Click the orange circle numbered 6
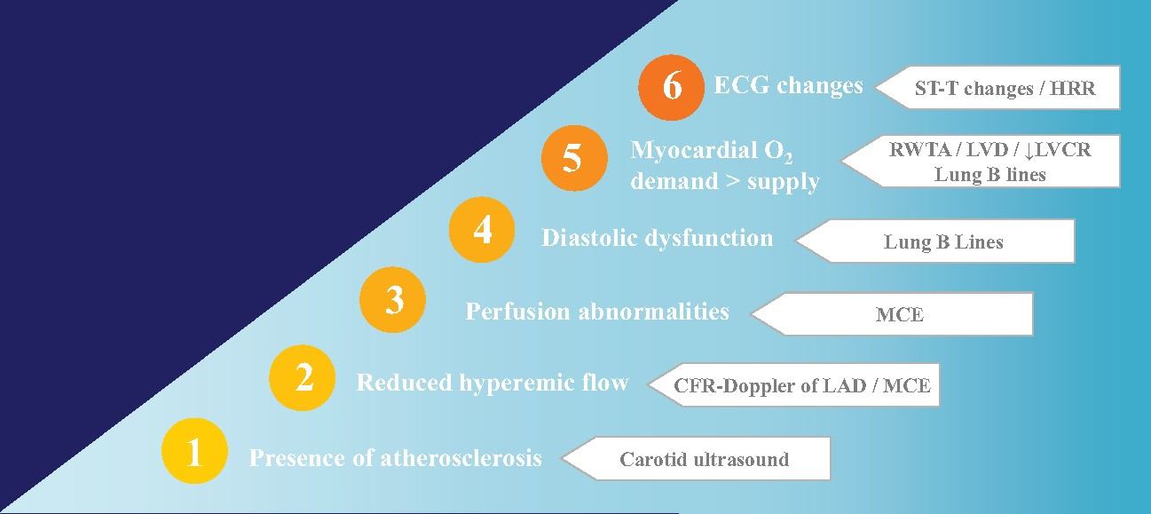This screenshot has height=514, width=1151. click(x=672, y=87)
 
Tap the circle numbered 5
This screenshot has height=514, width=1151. click(x=574, y=160)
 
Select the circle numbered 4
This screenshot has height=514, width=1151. click(x=482, y=231)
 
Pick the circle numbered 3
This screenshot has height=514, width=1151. click(x=392, y=302)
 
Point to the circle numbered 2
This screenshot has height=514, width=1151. click(x=303, y=379)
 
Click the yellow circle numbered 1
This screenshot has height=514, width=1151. click(x=194, y=452)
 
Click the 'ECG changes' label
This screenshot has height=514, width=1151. click(x=788, y=85)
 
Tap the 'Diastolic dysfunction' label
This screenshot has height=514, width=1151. click(x=657, y=238)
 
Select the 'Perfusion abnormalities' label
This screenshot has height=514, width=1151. click(x=597, y=312)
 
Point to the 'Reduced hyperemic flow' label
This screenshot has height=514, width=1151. click(x=493, y=383)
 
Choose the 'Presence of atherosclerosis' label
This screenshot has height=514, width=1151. click(x=395, y=458)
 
